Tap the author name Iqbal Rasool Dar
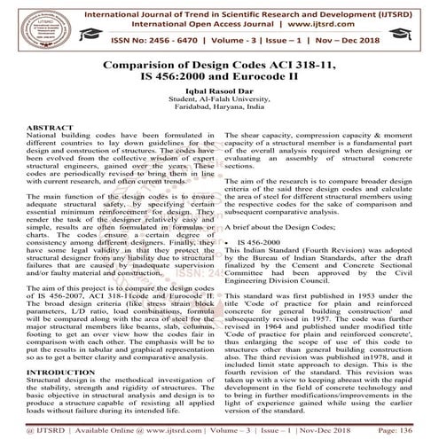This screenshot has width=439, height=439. tap(219, 116)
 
